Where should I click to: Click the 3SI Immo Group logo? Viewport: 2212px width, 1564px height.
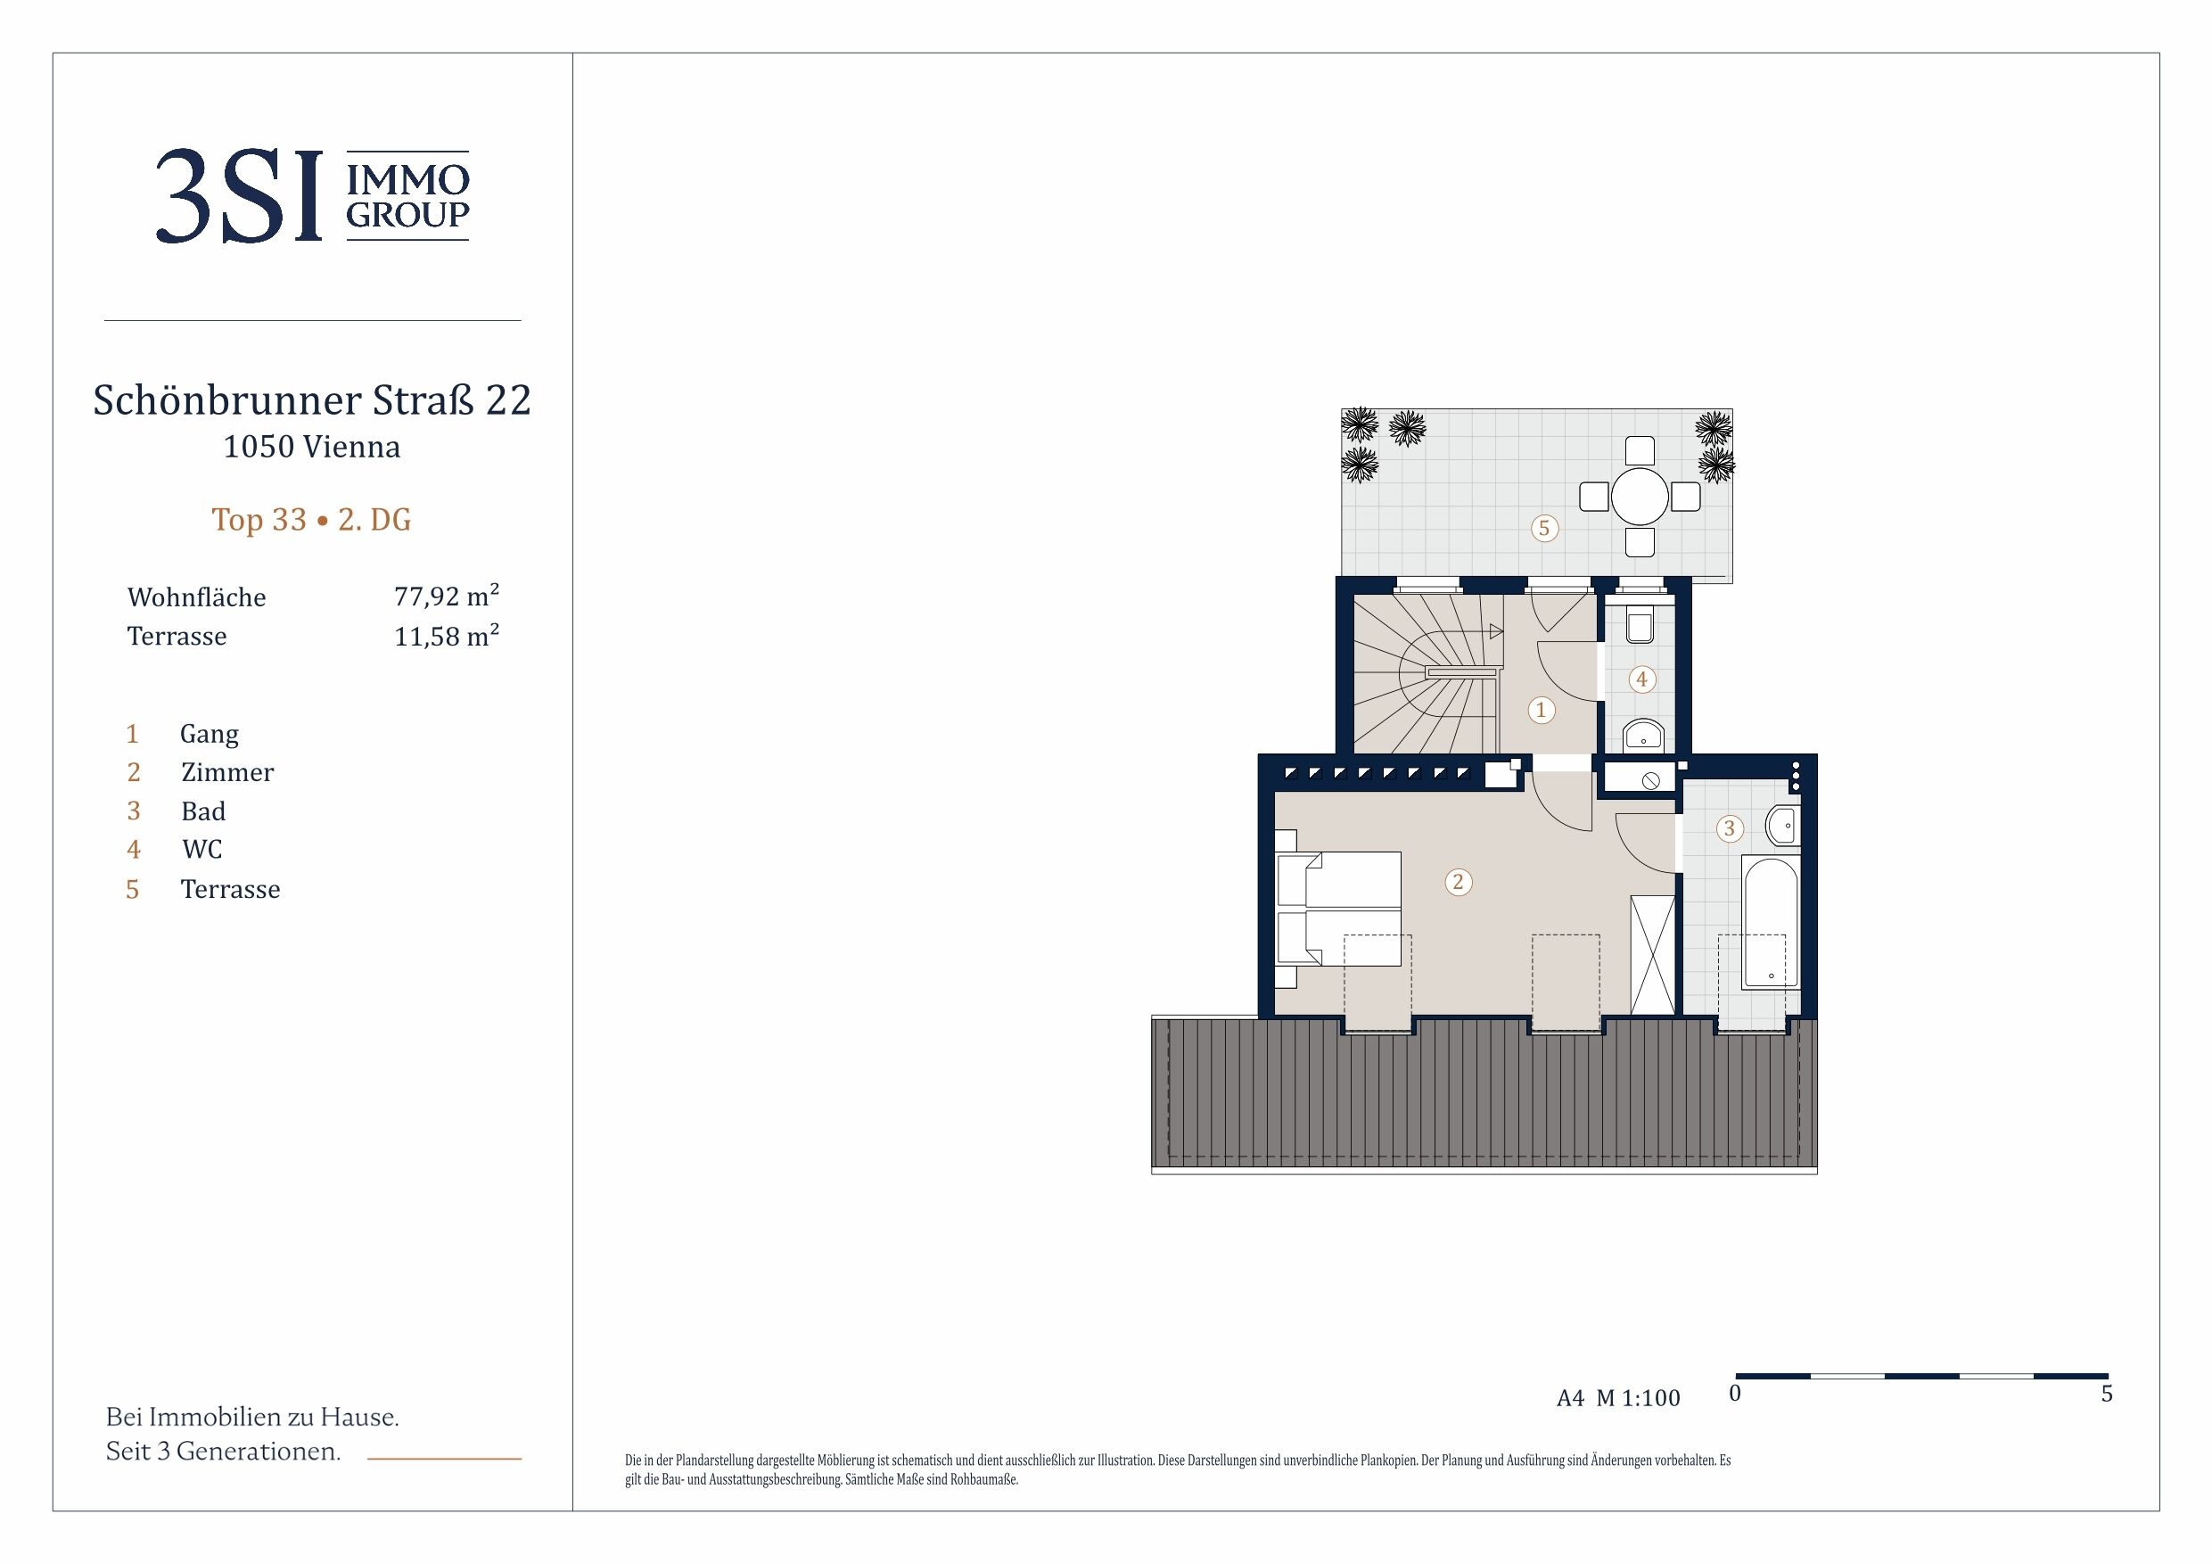pyautogui.click(x=313, y=195)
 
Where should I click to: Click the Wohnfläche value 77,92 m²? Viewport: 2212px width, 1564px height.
pyautogui.click(x=446, y=596)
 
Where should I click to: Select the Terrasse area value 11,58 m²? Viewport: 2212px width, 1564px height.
pyautogui.click(x=446, y=635)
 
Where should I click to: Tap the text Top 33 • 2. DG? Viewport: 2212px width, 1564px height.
pyautogui.click(x=311, y=520)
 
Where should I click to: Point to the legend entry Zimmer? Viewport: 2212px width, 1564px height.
pyautogui.click(x=227, y=772)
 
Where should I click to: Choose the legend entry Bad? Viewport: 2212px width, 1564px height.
pyautogui.click(x=203, y=811)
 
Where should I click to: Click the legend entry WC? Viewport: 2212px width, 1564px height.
pyautogui.click(x=202, y=849)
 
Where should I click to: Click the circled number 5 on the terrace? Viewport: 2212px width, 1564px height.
pyautogui.click(x=1544, y=528)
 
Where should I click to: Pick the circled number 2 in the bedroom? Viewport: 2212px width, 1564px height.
pyautogui.click(x=1458, y=882)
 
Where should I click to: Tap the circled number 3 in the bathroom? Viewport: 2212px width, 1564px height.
pyautogui.click(x=1730, y=827)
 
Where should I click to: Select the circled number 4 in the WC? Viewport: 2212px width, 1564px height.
pyautogui.click(x=1641, y=679)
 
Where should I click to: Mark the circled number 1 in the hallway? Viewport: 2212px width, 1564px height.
pyautogui.click(x=1541, y=710)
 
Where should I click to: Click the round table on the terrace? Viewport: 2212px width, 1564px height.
pyautogui.click(x=1640, y=497)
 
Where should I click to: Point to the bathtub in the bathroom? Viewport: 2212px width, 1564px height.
pyautogui.click(x=1771, y=923)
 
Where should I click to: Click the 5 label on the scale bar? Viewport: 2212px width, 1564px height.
pyautogui.click(x=2107, y=1394)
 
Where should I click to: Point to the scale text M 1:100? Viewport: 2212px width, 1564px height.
pyautogui.click(x=1638, y=1397)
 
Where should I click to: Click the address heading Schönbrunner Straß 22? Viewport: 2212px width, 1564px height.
pyautogui.click(x=312, y=399)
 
